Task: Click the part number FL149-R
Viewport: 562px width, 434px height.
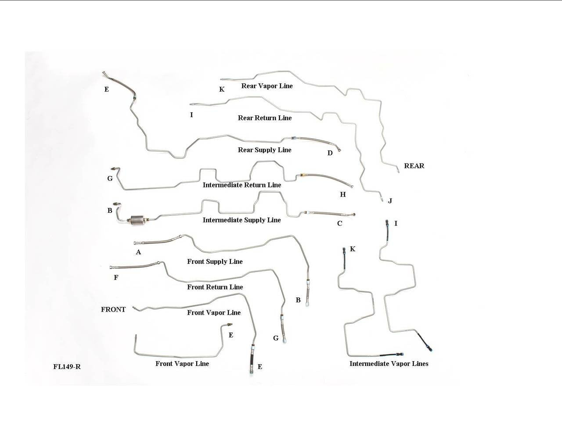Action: tap(67, 367)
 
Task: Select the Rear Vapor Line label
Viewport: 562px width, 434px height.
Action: tap(267, 86)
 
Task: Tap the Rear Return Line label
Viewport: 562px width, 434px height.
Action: tap(264, 118)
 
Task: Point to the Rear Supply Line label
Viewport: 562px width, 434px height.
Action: tap(264, 150)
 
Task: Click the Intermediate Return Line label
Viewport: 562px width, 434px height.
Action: tap(241, 185)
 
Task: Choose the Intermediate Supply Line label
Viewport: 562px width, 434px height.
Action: tap(241, 220)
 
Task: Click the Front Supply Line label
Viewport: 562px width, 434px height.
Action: tap(215, 262)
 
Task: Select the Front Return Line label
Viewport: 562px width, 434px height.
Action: tap(215, 287)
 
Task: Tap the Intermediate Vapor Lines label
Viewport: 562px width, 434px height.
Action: tap(389, 364)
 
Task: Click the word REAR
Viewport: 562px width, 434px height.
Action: tap(414, 166)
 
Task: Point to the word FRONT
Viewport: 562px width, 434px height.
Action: tap(113, 310)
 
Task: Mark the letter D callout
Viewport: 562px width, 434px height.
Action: tap(330, 153)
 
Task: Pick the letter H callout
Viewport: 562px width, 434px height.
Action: tap(342, 194)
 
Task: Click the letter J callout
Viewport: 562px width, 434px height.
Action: tap(389, 201)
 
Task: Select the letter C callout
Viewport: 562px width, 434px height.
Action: tap(339, 224)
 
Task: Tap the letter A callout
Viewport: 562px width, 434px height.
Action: tap(138, 252)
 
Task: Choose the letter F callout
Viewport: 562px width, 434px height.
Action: tap(116, 278)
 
